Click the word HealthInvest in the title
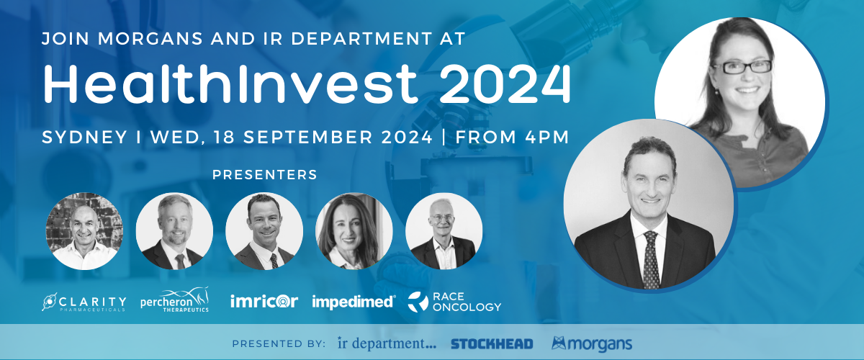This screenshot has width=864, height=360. (x=230, y=84)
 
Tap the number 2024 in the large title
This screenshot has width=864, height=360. (x=505, y=84)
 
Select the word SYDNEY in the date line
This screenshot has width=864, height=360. (x=84, y=138)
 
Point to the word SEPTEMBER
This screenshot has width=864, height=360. (x=308, y=138)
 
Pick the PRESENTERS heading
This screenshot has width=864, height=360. (x=265, y=175)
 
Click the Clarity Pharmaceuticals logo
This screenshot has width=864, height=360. (x=84, y=302)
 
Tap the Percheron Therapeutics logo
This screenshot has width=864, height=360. (x=175, y=300)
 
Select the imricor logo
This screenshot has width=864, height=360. (x=264, y=301)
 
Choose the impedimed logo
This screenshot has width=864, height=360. (x=354, y=302)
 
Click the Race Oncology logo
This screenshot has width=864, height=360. (x=455, y=302)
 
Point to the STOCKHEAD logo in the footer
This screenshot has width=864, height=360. (x=492, y=343)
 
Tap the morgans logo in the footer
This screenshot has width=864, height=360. (x=592, y=343)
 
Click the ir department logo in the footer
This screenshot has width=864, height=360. (x=387, y=343)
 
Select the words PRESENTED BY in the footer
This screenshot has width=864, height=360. (x=279, y=343)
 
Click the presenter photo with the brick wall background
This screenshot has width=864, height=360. (x=84, y=231)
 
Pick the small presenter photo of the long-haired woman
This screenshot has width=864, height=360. (x=354, y=231)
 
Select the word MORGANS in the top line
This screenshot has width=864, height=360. (x=150, y=39)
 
